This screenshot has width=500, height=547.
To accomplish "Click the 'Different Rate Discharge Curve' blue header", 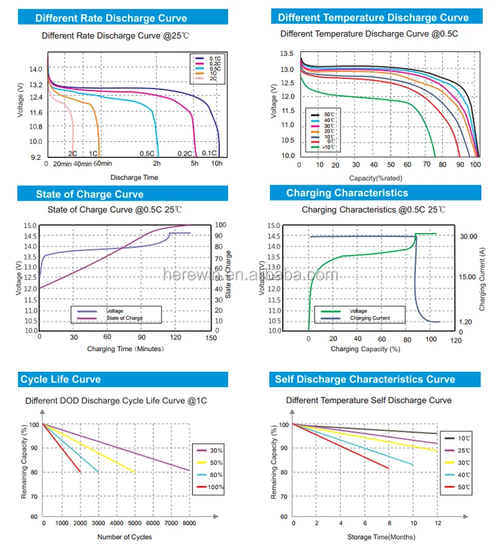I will click(x=111, y=18).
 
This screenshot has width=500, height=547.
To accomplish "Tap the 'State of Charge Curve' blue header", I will click(x=89, y=194).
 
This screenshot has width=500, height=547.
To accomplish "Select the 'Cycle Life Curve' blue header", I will click(x=61, y=379).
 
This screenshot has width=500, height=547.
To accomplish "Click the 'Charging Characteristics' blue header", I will click(x=347, y=193).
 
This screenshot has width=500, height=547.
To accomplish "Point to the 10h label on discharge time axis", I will click(x=217, y=163).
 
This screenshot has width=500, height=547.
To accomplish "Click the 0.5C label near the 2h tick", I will click(x=147, y=154).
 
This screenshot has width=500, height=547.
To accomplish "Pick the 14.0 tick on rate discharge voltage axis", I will click(x=35, y=69).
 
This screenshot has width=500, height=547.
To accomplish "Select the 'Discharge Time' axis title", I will click(x=134, y=177).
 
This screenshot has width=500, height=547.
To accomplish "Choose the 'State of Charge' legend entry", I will click(x=125, y=318).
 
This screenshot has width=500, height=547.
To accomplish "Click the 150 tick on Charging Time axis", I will click(x=211, y=338).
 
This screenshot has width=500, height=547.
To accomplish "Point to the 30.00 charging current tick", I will click(x=469, y=236).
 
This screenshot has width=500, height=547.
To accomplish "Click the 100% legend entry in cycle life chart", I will click(x=215, y=488).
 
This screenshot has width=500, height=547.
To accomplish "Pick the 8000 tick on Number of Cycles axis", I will click(x=189, y=524).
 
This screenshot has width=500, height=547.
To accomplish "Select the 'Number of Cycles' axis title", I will click(x=125, y=537).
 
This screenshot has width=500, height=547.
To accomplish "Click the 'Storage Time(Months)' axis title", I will click(x=381, y=537).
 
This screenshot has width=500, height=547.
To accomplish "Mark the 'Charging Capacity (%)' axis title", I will click(x=365, y=348).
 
